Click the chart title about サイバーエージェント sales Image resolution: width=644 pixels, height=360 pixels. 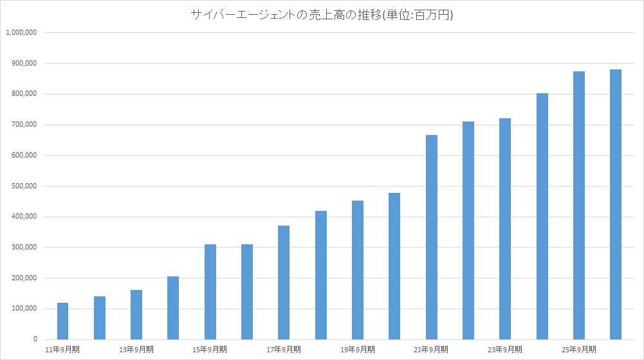322,14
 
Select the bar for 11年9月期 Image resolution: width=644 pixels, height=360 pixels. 62,321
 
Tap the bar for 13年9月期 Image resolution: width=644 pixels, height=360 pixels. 136,314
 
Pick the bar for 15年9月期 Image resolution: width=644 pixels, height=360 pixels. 210,292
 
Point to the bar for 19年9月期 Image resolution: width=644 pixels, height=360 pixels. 358,270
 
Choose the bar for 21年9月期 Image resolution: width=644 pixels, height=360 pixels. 432,237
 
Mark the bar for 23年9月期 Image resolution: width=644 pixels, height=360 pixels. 505,229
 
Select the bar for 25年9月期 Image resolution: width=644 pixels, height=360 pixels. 579,205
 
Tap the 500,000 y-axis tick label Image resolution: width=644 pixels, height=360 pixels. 23,186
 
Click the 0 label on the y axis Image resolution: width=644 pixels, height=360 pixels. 35,339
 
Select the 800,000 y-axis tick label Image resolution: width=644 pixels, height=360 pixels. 23,94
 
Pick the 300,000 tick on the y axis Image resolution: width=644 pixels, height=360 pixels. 23,248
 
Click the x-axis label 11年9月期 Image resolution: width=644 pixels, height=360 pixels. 62,350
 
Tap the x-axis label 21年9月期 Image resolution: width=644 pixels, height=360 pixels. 431,350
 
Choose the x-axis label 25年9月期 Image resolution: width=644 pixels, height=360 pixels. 579,350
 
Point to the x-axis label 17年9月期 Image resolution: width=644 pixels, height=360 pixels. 284,350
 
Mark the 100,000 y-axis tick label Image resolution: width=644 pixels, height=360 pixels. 23,309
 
